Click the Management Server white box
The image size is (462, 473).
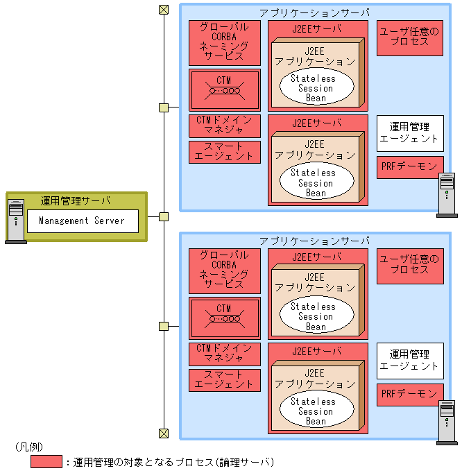[83, 221]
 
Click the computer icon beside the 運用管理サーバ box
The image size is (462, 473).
[15, 221]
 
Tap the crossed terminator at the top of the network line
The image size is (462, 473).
[164, 10]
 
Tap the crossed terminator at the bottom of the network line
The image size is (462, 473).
[164, 434]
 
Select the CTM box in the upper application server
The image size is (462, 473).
[224, 89]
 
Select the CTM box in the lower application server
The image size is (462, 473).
[224, 318]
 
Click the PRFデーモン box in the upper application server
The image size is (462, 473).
[410, 167]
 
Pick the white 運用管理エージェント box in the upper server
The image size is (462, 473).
[410, 133]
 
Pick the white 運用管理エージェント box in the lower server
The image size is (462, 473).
[410, 361]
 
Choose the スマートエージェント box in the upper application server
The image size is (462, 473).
[224, 152]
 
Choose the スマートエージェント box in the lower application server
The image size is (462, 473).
[224, 379]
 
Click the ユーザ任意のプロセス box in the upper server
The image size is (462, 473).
[410, 37]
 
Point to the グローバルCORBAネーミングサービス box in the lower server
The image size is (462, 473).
[224, 270]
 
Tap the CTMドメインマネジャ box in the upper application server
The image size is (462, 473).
[224, 126]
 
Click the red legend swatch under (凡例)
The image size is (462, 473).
[46, 461]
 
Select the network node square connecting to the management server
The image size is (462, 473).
[164, 216]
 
